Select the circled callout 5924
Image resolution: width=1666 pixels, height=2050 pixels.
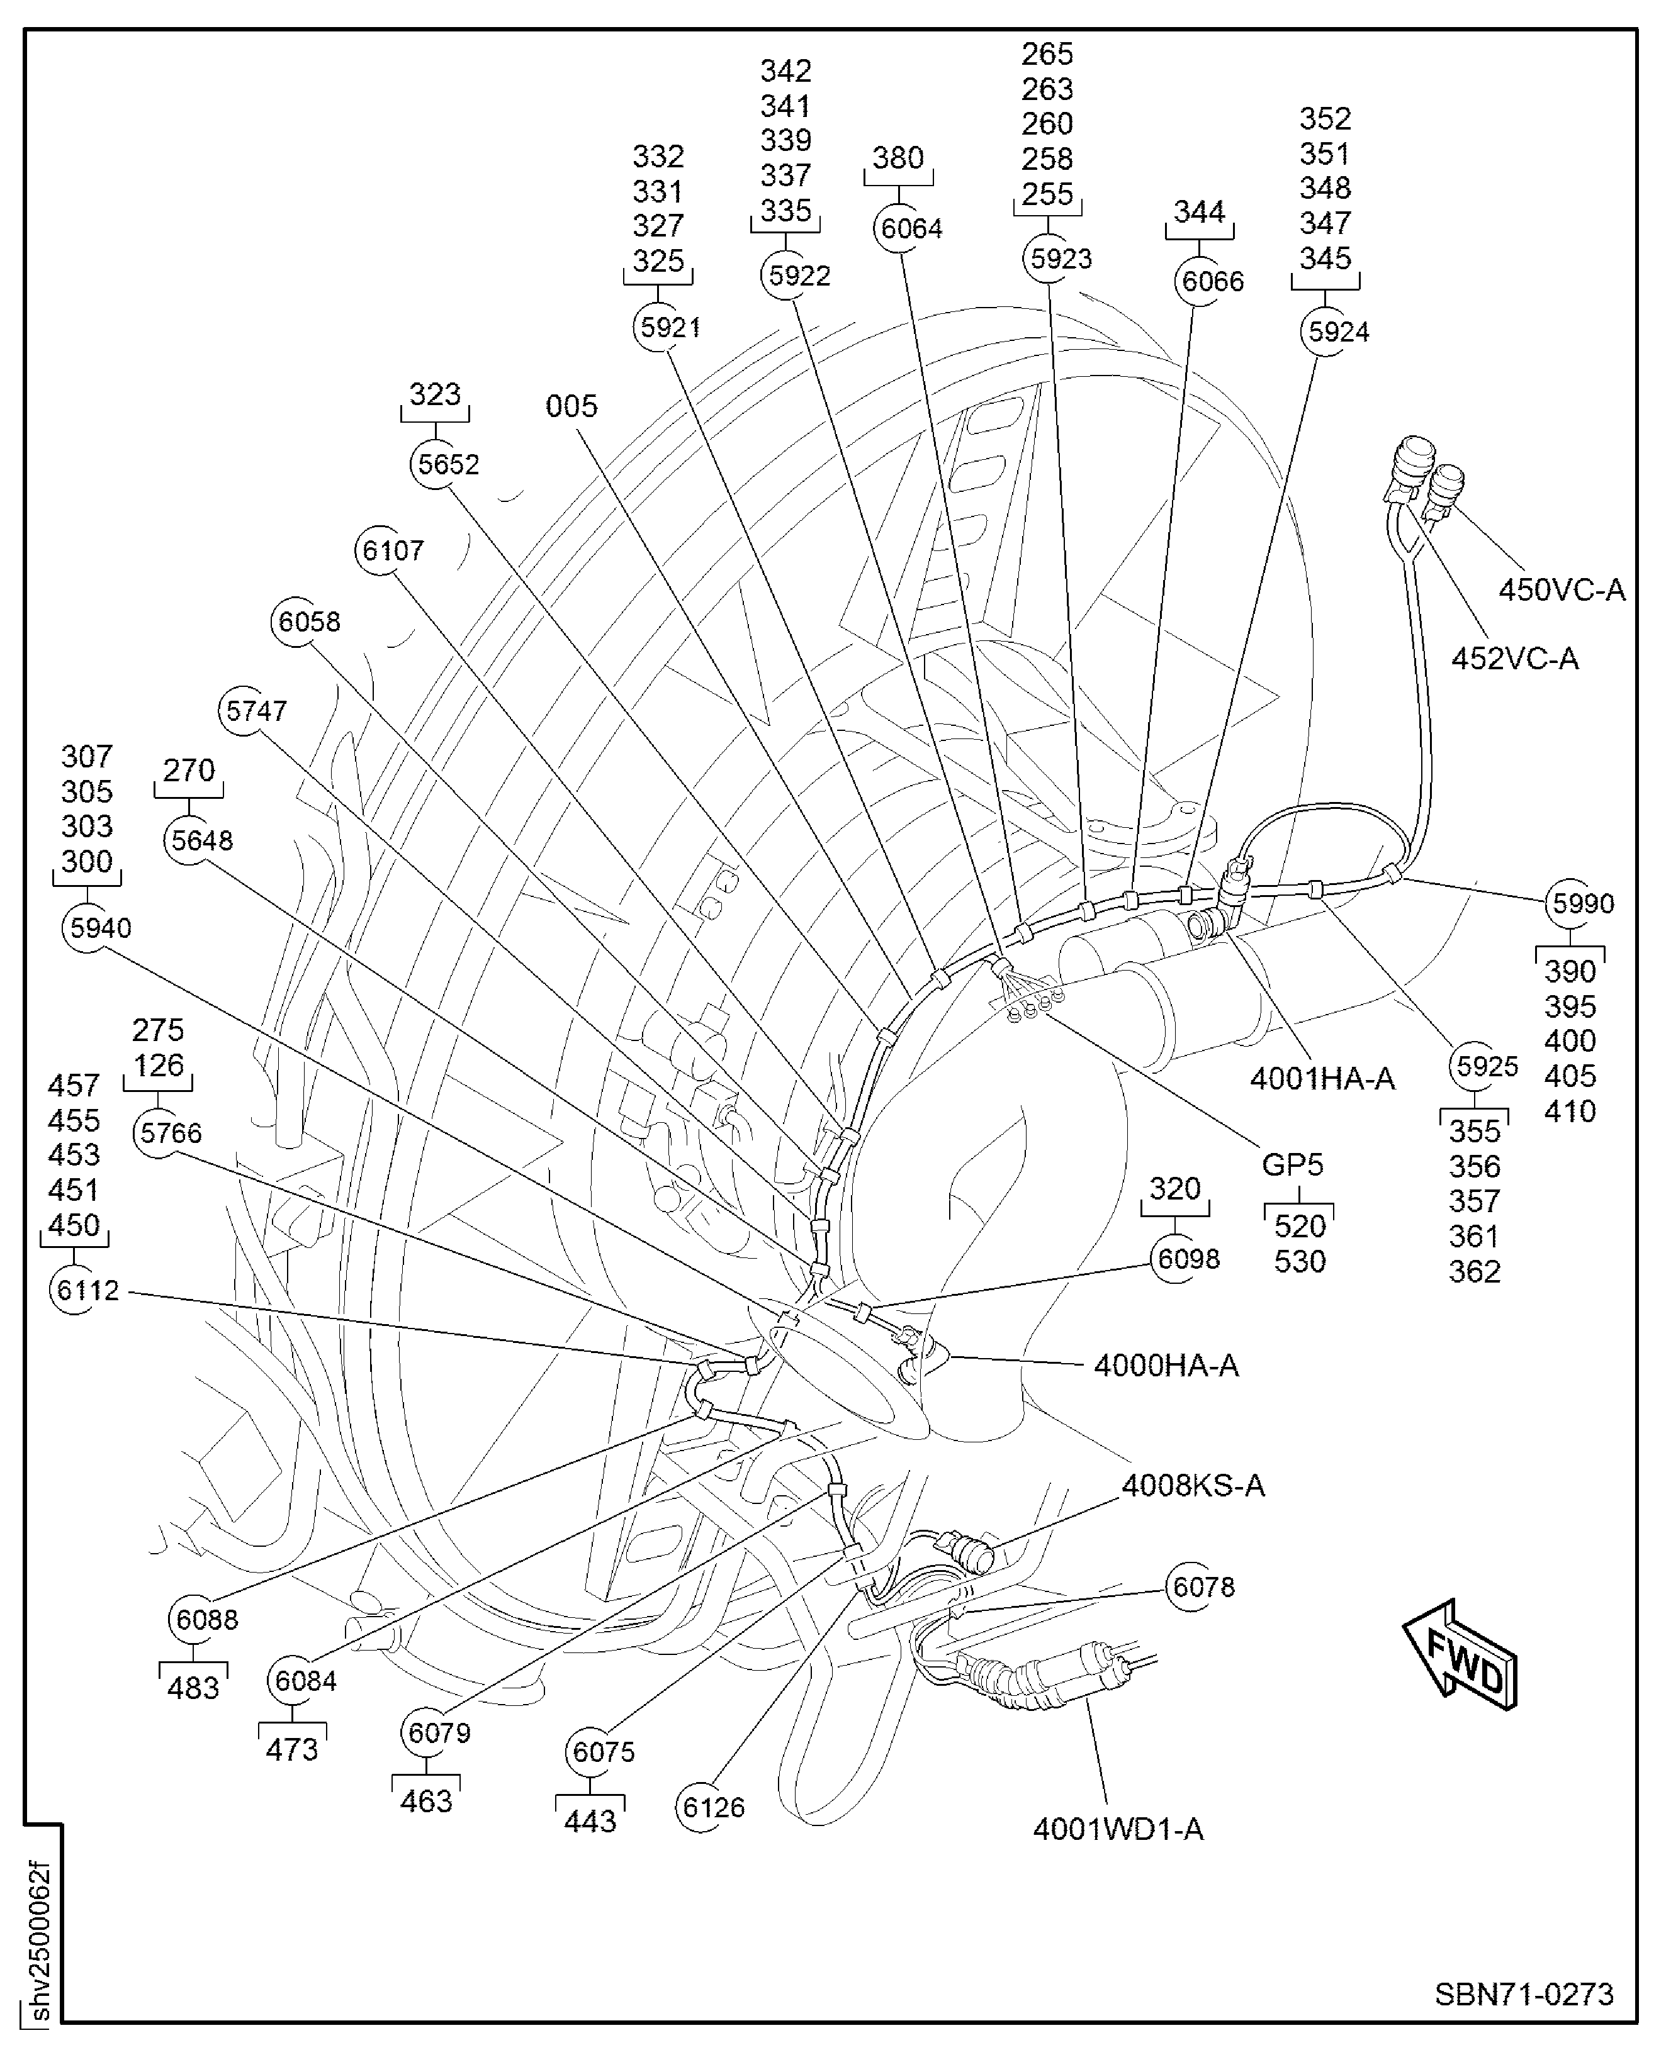(1326, 331)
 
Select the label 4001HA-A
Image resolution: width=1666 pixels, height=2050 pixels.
(1322, 1078)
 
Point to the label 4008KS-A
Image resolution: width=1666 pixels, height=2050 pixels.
(1193, 1486)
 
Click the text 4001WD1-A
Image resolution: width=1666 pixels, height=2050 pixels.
(1118, 1829)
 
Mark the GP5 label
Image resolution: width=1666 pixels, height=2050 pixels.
(1292, 1164)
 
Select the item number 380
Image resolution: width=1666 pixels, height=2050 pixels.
(898, 157)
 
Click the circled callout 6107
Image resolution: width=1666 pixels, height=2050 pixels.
(381, 550)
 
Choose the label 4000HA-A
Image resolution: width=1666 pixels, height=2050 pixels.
(1166, 1365)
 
